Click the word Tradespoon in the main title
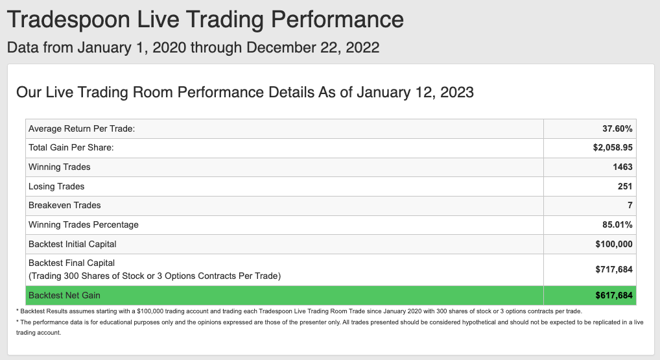point(69,20)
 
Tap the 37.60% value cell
point(617,129)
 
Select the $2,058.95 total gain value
point(613,148)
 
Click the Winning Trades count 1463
point(622,167)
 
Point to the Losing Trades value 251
point(624,187)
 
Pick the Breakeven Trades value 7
point(630,206)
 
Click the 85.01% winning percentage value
point(617,225)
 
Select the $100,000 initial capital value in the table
point(614,244)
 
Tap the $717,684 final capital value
point(614,269)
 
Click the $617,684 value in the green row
point(614,296)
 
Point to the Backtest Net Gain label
point(64,296)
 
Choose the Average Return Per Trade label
point(82,129)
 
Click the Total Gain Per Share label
point(71,148)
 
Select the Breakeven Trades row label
point(65,206)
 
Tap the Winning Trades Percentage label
point(84,225)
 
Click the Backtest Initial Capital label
point(73,244)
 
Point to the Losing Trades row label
point(56,187)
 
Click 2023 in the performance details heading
point(456,92)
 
